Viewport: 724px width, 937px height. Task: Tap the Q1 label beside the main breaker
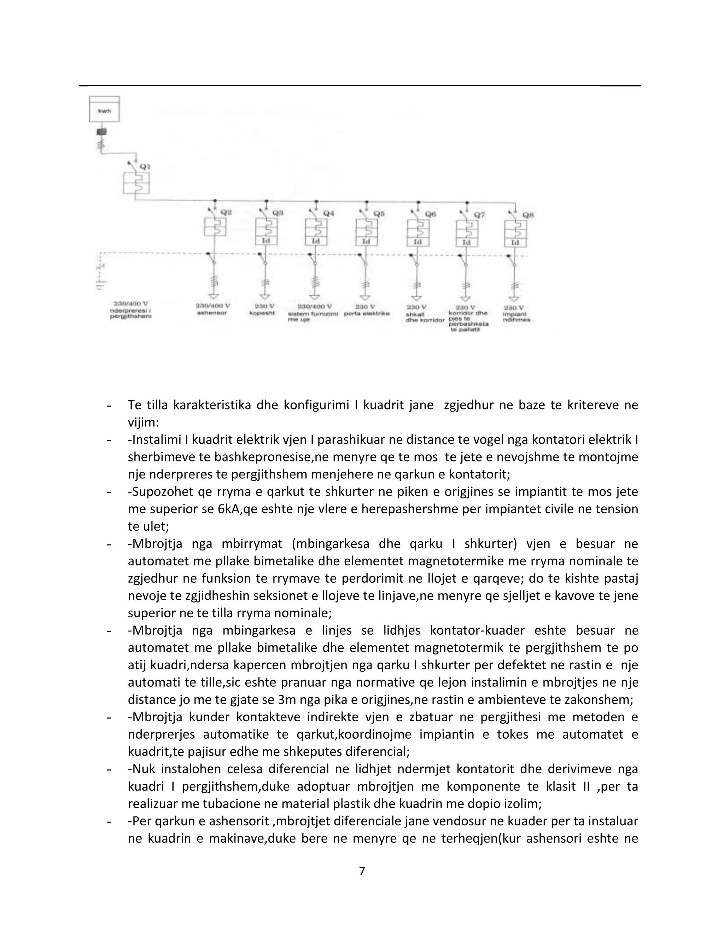pyautogui.click(x=145, y=167)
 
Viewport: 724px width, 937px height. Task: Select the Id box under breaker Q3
pyautogui.click(x=266, y=241)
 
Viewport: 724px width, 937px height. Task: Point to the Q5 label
pyautogui.click(x=379, y=213)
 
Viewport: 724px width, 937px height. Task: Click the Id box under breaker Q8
pyautogui.click(x=515, y=243)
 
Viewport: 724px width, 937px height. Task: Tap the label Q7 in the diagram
pyautogui.click(x=479, y=215)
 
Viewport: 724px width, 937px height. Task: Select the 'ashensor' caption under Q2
pyautogui.click(x=211, y=313)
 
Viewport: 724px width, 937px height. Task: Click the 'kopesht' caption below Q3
pyautogui.click(x=262, y=313)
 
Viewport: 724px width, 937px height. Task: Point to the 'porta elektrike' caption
pyautogui.click(x=367, y=314)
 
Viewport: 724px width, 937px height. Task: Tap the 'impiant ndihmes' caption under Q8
pyautogui.click(x=517, y=316)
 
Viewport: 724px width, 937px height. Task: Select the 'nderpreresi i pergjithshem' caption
pyautogui.click(x=130, y=313)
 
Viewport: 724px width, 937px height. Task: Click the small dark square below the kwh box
pyautogui.click(x=102, y=132)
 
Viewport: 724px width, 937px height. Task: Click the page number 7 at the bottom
pyautogui.click(x=362, y=871)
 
